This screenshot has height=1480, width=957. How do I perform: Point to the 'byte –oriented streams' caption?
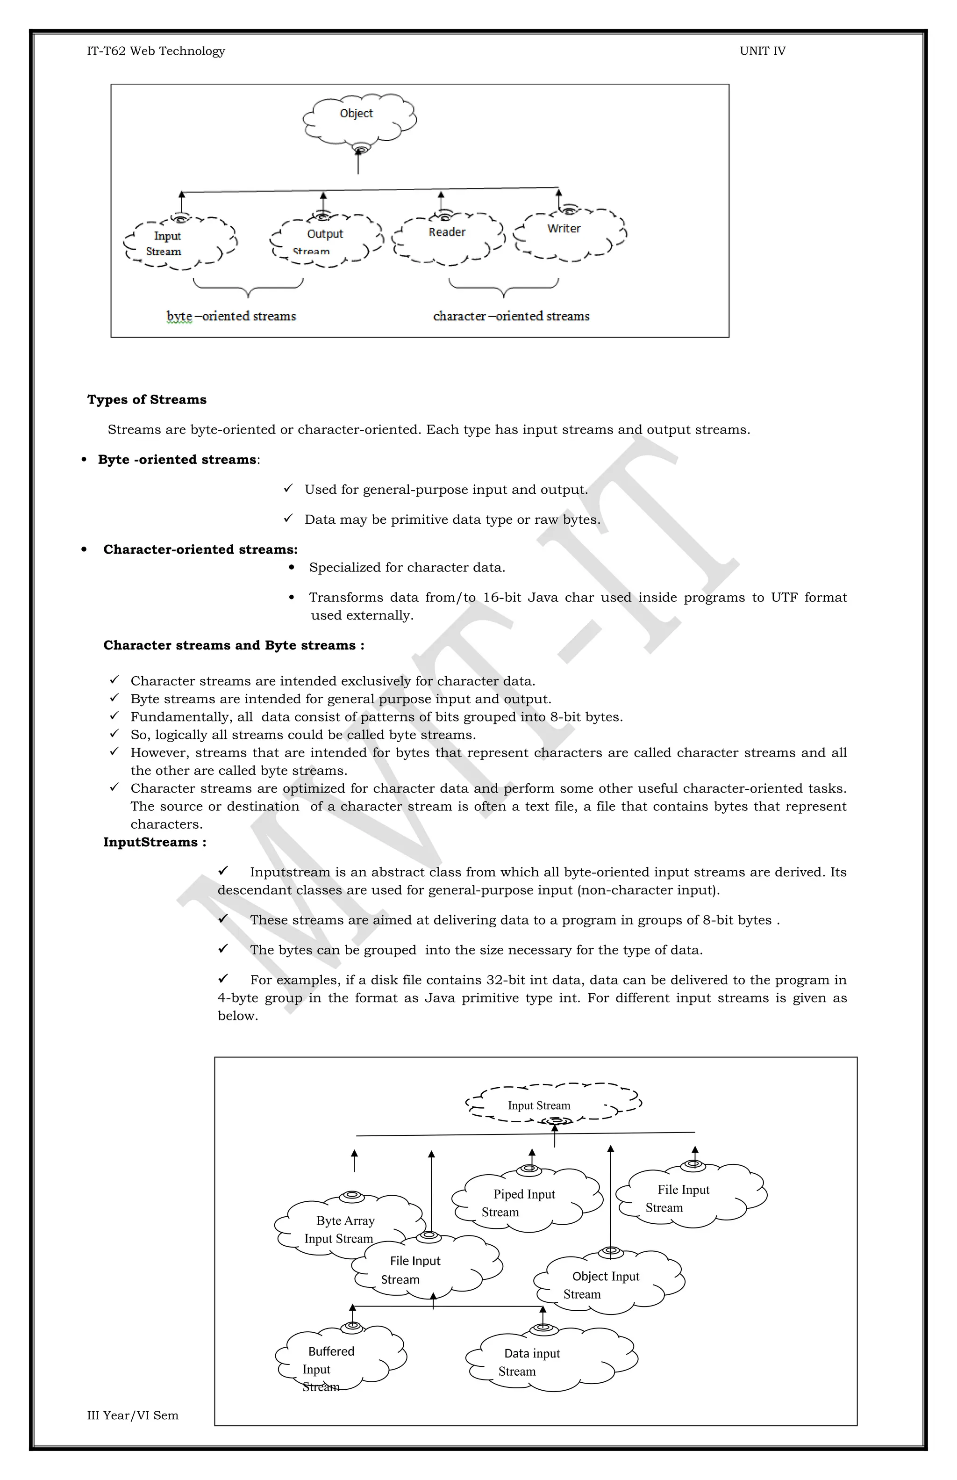click(231, 317)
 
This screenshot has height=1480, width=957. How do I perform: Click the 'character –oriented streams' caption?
click(511, 317)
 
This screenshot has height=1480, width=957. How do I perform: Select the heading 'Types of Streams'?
click(147, 399)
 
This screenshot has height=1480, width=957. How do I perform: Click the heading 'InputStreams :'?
click(155, 842)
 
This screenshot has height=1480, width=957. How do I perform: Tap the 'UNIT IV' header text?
click(762, 51)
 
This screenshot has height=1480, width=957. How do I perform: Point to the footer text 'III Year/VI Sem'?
click(132, 1415)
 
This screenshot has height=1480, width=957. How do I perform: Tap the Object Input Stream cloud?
click(607, 1285)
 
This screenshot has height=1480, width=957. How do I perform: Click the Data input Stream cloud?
click(550, 1362)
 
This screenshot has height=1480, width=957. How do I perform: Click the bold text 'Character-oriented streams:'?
click(200, 550)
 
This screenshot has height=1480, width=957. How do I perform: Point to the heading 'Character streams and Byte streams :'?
click(234, 645)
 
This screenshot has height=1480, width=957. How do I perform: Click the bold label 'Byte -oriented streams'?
click(177, 460)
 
